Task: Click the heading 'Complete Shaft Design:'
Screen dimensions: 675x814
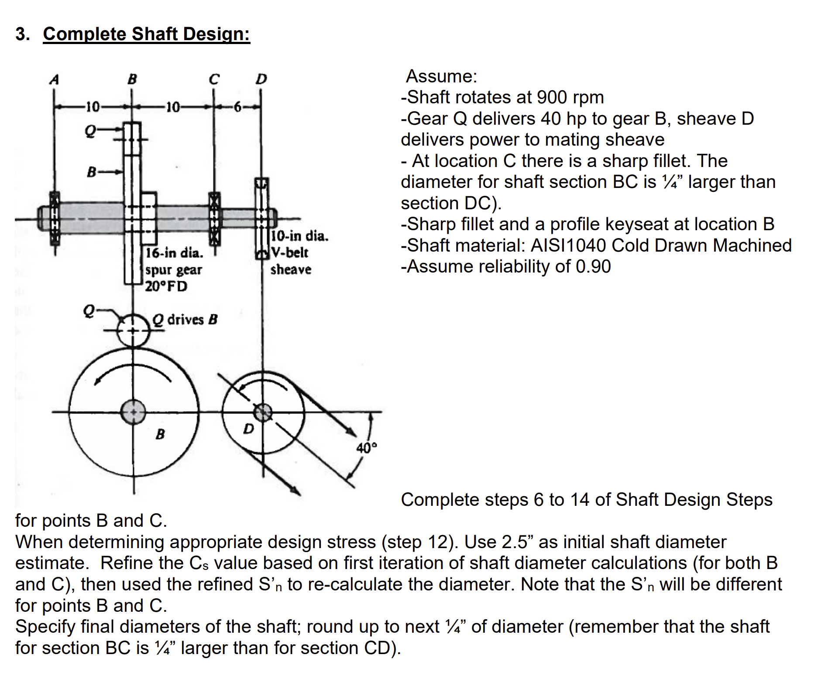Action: pos(147,34)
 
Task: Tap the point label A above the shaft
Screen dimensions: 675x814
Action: pos(54,79)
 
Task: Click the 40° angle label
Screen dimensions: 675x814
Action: pos(366,448)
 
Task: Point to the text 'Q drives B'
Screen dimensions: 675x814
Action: pos(185,320)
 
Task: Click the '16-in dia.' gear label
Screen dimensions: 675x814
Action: pos(174,252)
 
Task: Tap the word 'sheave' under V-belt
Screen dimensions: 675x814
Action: pos(291,269)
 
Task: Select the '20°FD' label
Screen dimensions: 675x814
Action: pos(166,286)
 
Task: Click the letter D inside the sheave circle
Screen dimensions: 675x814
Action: pos(248,429)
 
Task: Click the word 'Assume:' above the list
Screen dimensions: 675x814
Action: pos(442,76)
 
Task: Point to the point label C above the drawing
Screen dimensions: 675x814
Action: pos(214,79)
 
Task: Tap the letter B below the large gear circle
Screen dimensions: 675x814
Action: pos(160,434)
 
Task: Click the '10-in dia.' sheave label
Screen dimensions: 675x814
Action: pos(300,236)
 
